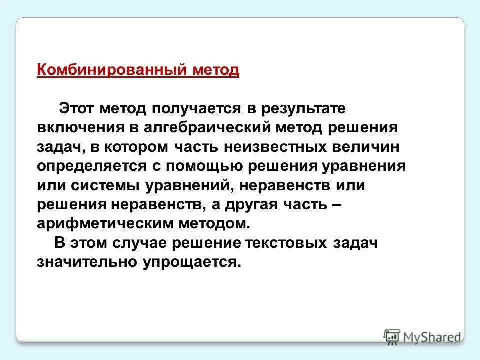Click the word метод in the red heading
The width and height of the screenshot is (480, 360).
click(x=215, y=69)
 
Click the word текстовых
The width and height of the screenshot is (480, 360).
click(x=286, y=243)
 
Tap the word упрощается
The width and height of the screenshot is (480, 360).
click(x=191, y=262)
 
